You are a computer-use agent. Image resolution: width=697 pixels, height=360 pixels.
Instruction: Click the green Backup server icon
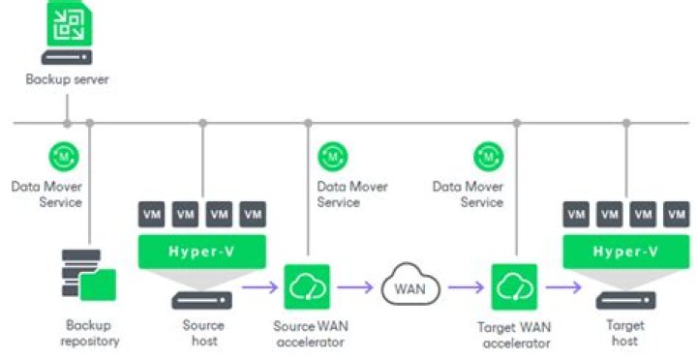[x=70, y=22]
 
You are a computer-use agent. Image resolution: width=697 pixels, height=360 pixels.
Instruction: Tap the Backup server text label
[x=67, y=79]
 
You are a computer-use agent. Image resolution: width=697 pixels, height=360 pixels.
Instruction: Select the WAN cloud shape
[x=410, y=285]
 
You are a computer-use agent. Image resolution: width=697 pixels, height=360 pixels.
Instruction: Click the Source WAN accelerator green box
[x=307, y=286]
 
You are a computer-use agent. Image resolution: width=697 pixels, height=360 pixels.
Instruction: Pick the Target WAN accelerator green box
[x=514, y=287]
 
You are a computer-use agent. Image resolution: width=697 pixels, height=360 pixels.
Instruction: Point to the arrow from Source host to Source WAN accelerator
[x=259, y=287]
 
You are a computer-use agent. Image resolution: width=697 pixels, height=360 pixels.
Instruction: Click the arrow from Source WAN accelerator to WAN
[x=355, y=287]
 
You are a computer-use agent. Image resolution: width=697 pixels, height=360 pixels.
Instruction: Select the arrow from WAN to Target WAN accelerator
[x=466, y=287]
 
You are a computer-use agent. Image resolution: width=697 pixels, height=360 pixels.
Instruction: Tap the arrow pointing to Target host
[x=563, y=287]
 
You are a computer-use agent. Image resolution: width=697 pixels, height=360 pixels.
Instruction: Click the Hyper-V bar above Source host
[x=202, y=252]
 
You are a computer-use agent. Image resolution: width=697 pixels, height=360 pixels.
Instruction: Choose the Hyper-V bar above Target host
[x=626, y=252]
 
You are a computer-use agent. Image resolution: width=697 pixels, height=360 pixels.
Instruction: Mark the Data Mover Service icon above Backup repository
[x=64, y=157]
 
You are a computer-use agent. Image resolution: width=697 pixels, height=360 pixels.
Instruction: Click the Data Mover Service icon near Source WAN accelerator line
[x=333, y=157]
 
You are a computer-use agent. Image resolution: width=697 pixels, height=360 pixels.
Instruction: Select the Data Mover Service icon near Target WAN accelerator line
[x=489, y=157]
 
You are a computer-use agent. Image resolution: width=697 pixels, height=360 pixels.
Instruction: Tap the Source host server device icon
[x=202, y=300]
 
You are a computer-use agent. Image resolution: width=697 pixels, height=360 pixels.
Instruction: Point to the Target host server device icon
[x=626, y=300]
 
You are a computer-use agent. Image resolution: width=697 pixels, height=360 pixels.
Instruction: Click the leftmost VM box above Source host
[x=152, y=214]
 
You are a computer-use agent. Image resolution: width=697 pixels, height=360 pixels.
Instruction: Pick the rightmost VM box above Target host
[x=677, y=214]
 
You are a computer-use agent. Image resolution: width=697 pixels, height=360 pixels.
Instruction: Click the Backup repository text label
[x=90, y=333]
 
